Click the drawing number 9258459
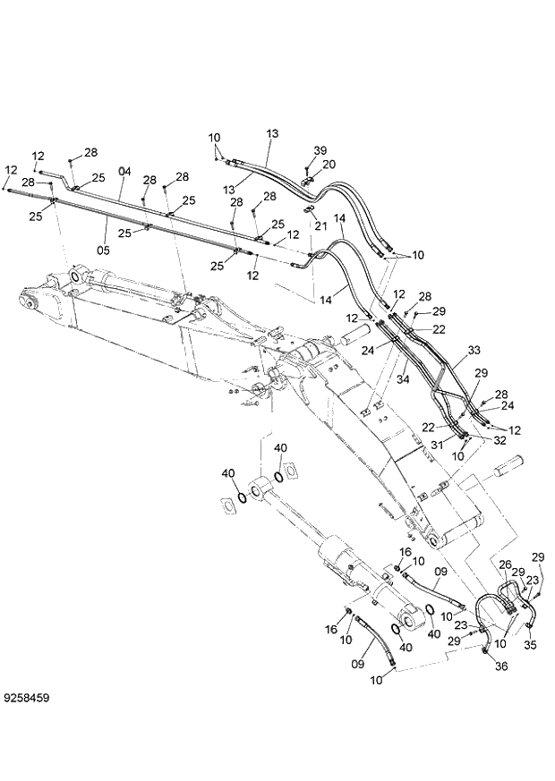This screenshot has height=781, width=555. [x=27, y=693]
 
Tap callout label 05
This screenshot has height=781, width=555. [x=103, y=251]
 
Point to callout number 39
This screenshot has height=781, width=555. [x=320, y=150]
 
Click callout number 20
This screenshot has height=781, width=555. [x=329, y=165]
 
